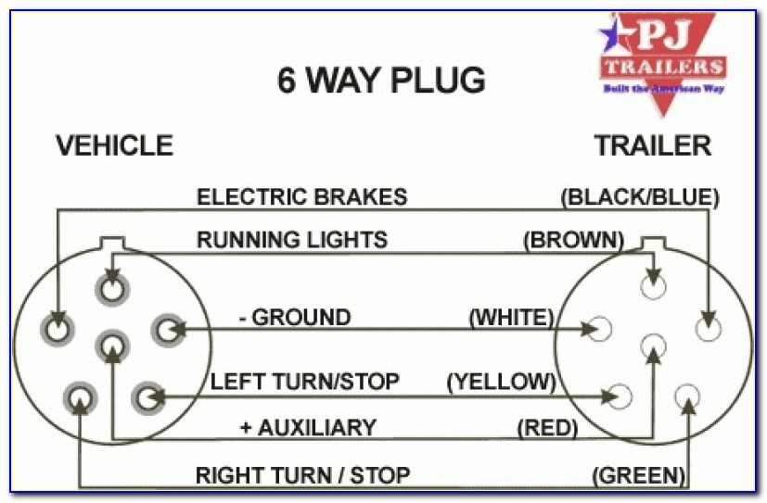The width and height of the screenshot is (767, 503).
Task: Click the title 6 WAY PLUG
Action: [x=381, y=81]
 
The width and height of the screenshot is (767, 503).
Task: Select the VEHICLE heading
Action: [x=114, y=145]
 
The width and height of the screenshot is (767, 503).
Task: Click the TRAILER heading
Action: [x=653, y=145]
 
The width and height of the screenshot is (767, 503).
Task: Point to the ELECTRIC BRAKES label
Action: [x=301, y=196]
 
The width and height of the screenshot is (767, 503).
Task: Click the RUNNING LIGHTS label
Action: [x=291, y=240]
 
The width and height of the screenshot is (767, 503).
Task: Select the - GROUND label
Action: [x=294, y=318]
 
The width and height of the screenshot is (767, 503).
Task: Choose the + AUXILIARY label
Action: [x=307, y=427]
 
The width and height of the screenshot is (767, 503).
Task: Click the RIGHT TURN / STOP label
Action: [x=302, y=475]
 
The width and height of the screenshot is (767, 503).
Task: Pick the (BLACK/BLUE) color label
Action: [x=640, y=196]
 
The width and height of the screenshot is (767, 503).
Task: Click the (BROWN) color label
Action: [x=573, y=240]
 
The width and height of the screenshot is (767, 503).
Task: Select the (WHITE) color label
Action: [x=511, y=318]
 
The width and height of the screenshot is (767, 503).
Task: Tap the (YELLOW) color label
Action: [x=501, y=382]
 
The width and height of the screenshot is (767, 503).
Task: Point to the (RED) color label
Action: [x=547, y=427]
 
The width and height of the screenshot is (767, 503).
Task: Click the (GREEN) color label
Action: [x=639, y=475]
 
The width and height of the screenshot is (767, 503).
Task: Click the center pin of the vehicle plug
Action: [x=112, y=347]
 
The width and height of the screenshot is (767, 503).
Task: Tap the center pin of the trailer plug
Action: [x=655, y=346]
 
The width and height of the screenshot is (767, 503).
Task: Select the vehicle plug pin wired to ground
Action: [x=168, y=328]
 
